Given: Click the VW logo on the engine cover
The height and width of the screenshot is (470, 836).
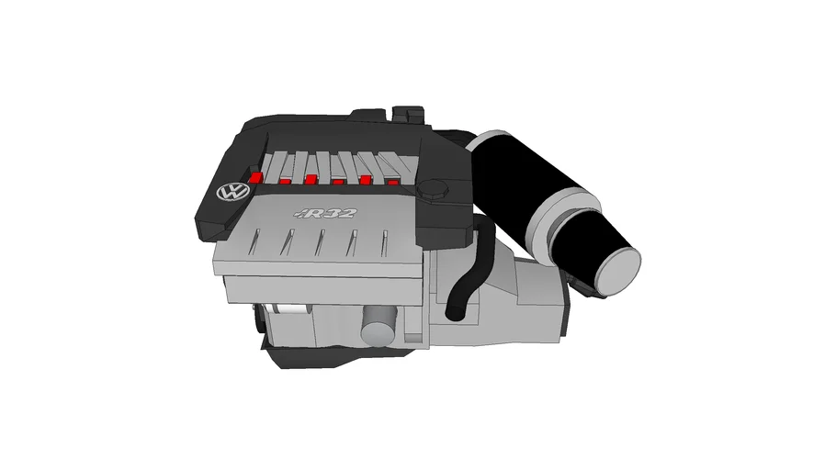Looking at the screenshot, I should [232, 194].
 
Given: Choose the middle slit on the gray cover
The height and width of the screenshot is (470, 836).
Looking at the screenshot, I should [321, 243].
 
